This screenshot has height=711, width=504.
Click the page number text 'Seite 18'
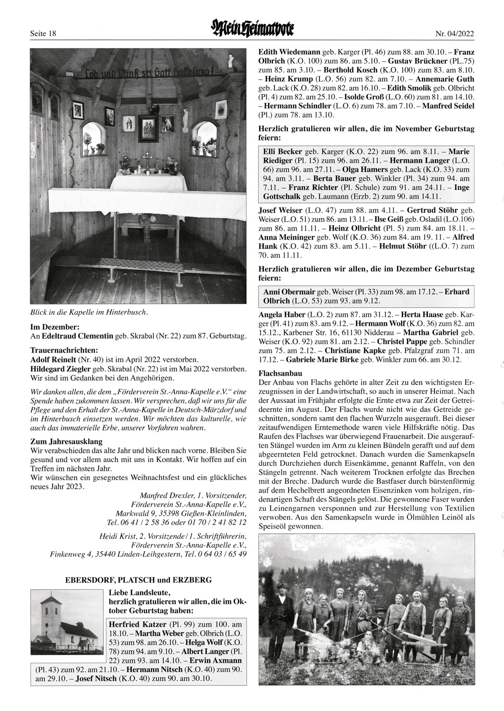(42, 34)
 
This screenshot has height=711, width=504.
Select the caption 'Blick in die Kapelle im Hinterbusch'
(89, 312)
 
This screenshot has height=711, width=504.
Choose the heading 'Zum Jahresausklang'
(67, 442)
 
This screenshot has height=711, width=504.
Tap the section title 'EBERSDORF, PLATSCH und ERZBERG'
(139, 580)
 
